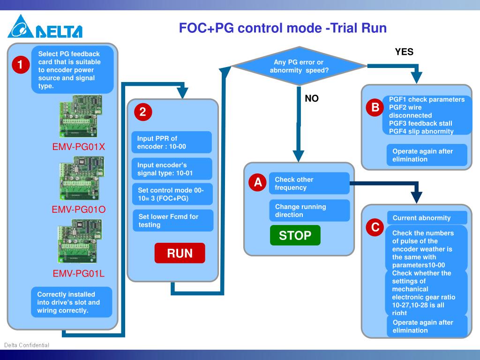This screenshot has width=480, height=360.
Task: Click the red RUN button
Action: tap(180, 253)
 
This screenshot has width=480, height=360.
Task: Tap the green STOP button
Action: tap(295, 235)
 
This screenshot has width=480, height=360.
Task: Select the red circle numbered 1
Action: tap(21, 65)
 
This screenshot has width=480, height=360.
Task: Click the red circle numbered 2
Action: tap(143, 112)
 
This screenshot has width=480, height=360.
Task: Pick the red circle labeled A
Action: tap(258, 182)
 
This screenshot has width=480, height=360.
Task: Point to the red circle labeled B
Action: tap(375, 107)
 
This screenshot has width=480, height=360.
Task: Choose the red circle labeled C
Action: tap(375, 227)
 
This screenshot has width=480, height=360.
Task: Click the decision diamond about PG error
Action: tap(299, 66)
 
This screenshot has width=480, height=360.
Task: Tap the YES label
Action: tap(404, 52)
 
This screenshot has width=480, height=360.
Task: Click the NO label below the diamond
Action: tap(312, 98)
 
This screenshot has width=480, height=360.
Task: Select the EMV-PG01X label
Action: tap(79, 147)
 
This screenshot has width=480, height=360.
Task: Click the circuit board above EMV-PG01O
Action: tap(82, 178)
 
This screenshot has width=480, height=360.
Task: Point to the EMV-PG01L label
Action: tap(79, 273)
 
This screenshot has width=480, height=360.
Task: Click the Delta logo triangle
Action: tap(21, 27)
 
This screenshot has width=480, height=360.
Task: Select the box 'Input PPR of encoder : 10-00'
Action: tap(172, 142)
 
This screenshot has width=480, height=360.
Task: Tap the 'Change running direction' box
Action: tap(309, 210)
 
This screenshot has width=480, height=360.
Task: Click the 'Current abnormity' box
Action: tap(427, 217)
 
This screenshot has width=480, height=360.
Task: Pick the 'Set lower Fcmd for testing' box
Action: tap(173, 220)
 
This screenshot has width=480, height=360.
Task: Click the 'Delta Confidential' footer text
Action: tap(27, 345)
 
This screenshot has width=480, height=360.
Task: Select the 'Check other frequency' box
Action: tap(309, 183)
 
